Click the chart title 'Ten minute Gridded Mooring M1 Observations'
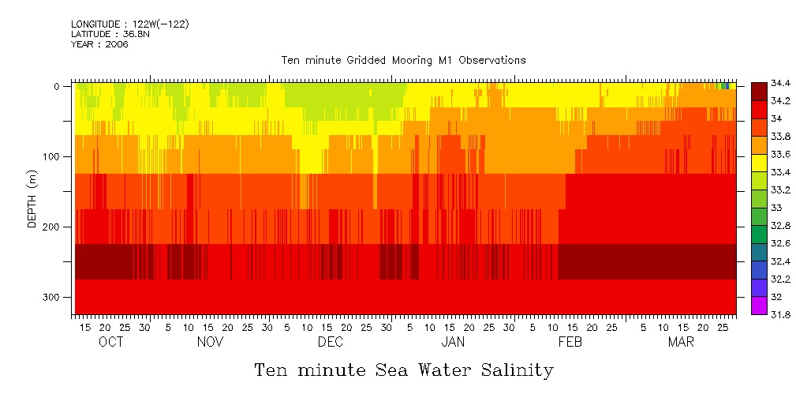403,60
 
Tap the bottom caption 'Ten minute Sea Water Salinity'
403,370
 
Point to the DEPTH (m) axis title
32,200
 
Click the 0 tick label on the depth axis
57,86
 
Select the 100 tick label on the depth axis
52,156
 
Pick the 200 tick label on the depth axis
52,227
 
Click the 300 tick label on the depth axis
52,297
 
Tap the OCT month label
110,342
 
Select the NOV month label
210,342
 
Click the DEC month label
330,342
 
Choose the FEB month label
570,342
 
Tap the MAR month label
681,342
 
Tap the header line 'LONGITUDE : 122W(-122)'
129,24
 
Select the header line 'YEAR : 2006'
99,44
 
